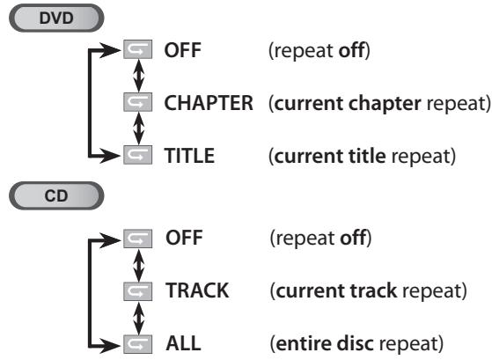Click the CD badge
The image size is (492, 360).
[x=58, y=198]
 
